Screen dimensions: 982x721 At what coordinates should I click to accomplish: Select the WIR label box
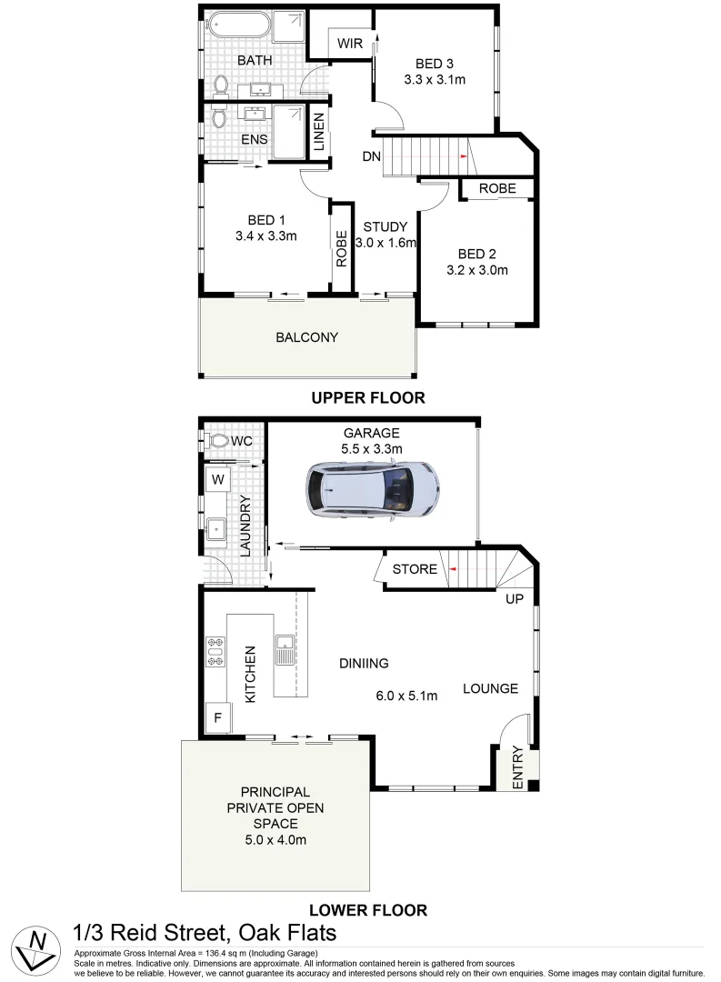[351, 44]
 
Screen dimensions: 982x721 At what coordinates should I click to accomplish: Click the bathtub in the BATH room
[235, 25]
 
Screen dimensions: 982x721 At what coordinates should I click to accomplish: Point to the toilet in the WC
[216, 440]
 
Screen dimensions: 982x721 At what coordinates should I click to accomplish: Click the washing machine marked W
[218, 478]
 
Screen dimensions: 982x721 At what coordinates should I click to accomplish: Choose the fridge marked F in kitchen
[217, 717]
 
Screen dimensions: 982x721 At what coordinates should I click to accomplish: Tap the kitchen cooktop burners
[215, 651]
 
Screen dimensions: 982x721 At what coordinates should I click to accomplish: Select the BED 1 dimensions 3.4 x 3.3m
[267, 236]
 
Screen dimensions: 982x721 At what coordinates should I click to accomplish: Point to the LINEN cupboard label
[318, 133]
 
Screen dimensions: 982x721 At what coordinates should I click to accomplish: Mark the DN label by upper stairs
[371, 157]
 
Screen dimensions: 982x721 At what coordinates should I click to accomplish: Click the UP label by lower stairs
[514, 600]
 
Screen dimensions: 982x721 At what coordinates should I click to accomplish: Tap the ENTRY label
[518, 767]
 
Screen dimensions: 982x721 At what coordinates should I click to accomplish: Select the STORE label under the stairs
[415, 569]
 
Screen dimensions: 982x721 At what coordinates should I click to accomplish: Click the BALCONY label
[306, 337]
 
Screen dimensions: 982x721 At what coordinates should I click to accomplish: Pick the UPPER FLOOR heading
[367, 397]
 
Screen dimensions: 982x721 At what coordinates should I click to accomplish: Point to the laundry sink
[217, 527]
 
